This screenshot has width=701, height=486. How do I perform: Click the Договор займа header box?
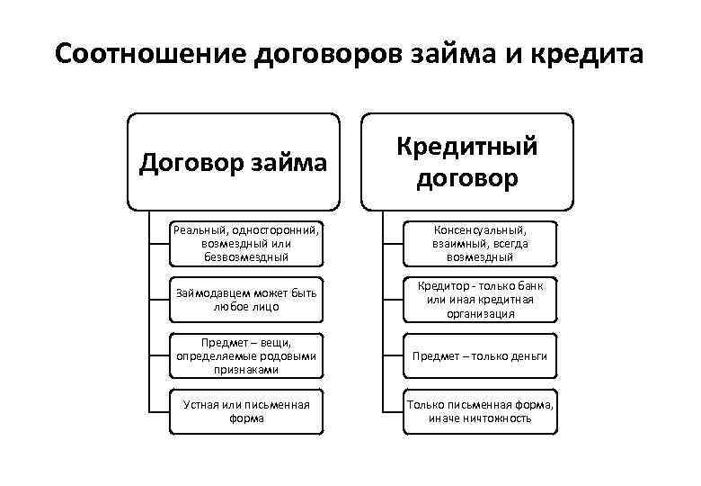234,162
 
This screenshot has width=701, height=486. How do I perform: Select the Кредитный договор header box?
467,162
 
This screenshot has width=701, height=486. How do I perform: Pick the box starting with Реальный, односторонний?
246,244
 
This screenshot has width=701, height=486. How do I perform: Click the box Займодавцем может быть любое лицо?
246,300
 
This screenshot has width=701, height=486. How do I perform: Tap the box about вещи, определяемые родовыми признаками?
246,355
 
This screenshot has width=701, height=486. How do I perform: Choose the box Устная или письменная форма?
246,411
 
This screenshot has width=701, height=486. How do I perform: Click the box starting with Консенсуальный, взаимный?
480,244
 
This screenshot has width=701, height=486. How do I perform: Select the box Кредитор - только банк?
480,300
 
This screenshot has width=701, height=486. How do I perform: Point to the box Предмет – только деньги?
480,355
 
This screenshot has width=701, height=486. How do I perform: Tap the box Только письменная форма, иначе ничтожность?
480,411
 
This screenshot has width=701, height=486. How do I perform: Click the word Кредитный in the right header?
467,147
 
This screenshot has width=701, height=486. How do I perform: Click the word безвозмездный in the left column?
246,257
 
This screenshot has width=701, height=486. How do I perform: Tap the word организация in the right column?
480,314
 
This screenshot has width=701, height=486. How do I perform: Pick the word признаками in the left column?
246,370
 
